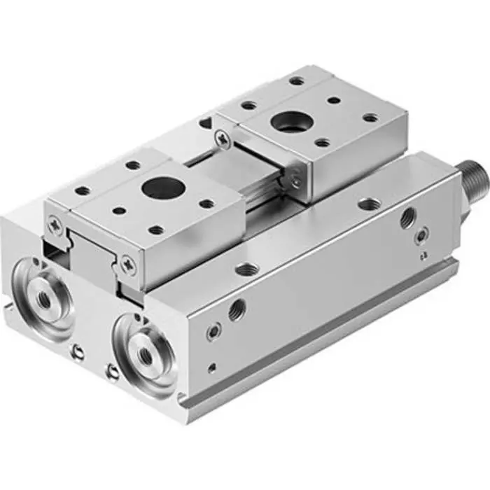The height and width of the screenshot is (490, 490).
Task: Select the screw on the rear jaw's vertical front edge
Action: (297, 181)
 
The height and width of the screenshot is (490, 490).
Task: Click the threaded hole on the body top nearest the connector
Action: (368, 204)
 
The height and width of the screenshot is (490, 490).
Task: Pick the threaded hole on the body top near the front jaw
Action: (246, 268)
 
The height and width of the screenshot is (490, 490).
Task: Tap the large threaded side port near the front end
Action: (237, 308)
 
